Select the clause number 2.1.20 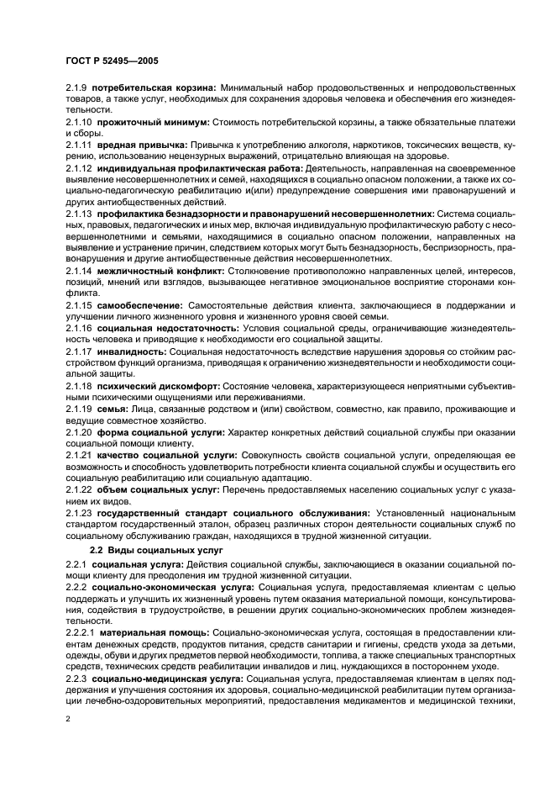[80, 434]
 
